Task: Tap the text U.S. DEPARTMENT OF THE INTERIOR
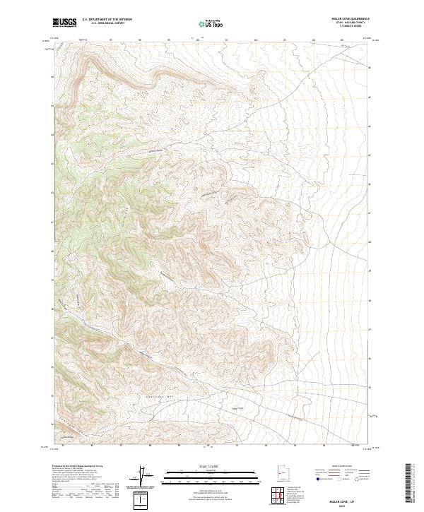click(107, 19)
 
